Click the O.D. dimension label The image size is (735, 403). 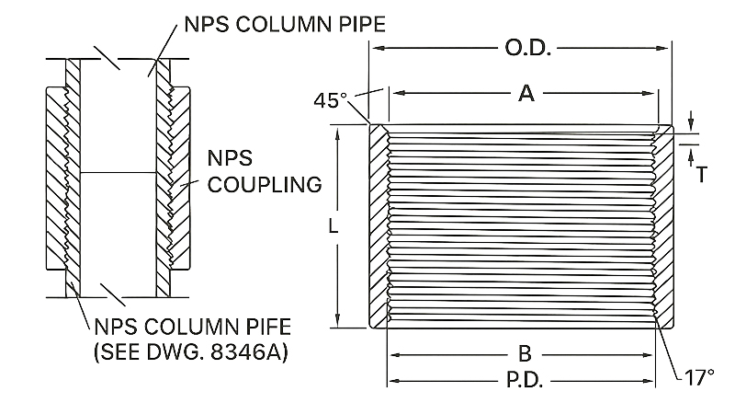pos(526,47)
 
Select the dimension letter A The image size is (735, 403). pos(526,92)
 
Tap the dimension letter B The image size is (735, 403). pos(525,353)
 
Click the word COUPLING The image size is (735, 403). pos(265,184)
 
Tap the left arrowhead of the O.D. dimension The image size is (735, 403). pos(373,48)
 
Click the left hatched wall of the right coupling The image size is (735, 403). pos(378,225)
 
